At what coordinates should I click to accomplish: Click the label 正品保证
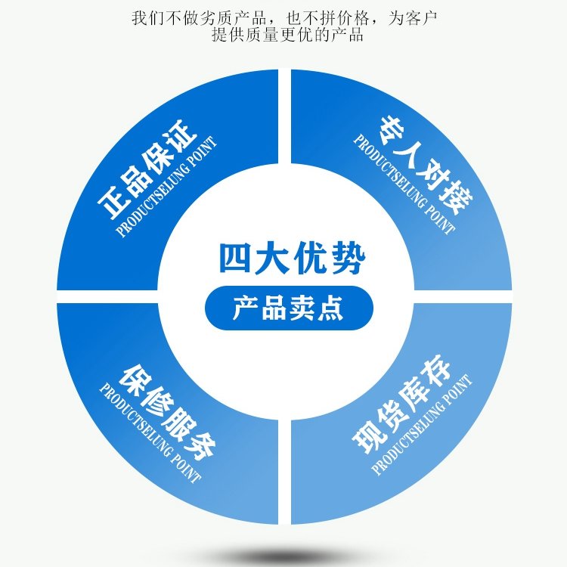click(148, 169)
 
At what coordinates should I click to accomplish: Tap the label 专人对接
click(426, 166)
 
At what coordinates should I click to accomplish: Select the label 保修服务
click(168, 412)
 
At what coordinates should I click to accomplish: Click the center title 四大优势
click(292, 259)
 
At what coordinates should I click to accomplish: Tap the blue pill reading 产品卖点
click(289, 308)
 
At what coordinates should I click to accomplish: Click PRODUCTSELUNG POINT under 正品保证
click(167, 187)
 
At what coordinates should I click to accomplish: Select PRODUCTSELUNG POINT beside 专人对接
click(404, 184)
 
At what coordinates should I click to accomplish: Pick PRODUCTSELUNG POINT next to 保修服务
click(150, 434)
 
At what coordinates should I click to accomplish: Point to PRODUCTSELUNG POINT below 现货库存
click(422, 425)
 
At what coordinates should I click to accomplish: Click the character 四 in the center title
click(234, 259)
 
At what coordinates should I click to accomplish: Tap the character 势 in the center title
click(349, 259)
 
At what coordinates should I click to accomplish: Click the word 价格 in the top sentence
click(353, 18)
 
